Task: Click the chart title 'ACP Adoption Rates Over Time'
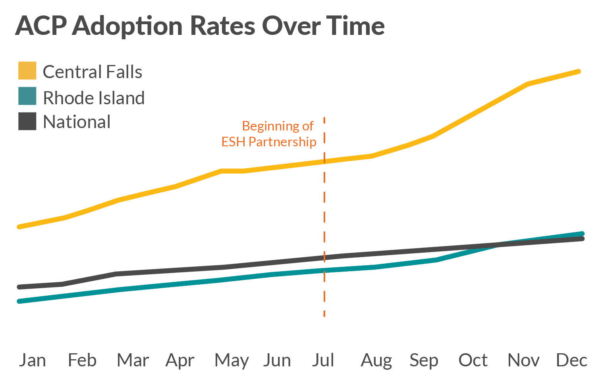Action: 200,26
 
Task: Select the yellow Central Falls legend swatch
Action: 27,71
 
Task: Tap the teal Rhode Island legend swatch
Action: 27,96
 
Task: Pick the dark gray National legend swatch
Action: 27,121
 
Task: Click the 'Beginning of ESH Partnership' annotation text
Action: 269,134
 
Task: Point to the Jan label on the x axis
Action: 32,360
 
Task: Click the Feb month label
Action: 82,360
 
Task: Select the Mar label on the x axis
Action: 133,360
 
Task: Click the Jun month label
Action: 277,360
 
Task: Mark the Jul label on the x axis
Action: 323,360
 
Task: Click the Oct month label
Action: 473,360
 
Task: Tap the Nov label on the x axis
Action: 523,360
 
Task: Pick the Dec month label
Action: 572,360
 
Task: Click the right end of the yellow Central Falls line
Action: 579,72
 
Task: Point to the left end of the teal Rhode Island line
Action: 19,301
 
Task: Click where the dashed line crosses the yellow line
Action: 324,161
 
